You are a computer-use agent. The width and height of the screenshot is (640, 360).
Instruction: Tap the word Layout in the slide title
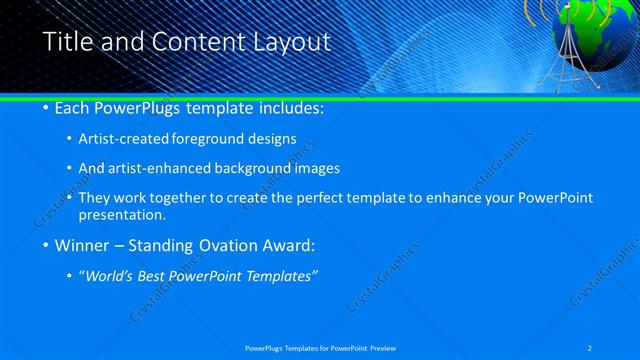290,43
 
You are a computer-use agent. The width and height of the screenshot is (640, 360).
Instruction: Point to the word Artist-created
121,140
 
